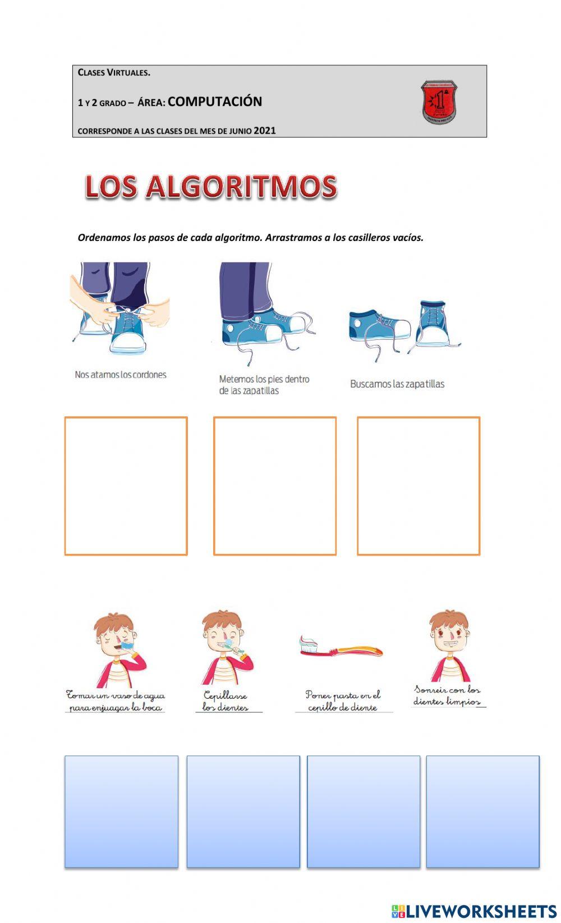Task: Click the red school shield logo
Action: (439, 102)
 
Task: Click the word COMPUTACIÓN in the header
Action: (215, 102)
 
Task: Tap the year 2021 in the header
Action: (265, 130)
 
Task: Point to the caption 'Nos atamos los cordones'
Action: (121, 375)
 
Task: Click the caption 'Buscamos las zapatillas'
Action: (397, 384)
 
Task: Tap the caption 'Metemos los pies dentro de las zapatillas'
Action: (264, 385)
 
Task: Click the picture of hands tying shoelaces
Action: (121, 309)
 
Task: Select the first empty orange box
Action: (126, 486)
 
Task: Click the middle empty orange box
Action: (275, 486)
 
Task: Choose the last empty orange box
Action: (419, 486)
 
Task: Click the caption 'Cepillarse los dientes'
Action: (226, 702)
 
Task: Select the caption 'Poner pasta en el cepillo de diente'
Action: (343, 702)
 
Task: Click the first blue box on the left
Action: (121, 811)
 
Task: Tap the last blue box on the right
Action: (482, 811)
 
